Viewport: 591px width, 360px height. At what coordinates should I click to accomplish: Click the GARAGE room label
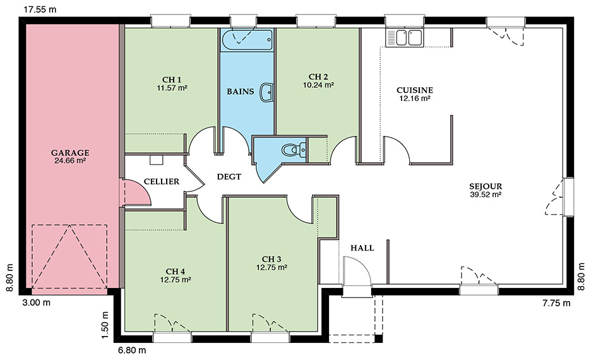click(70, 153)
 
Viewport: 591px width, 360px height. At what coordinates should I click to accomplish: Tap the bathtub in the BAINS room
click(247, 40)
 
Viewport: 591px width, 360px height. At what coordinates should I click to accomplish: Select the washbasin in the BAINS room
click(266, 92)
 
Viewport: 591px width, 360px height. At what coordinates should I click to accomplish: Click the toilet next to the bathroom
click(294, 150)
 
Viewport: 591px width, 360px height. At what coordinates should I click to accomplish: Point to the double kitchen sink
click(404, 38)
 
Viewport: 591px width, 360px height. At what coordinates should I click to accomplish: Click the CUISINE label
click(415, 90)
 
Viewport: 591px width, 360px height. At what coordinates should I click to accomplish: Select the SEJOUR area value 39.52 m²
click(486, 195)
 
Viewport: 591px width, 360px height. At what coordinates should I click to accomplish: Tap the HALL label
click(362, 248)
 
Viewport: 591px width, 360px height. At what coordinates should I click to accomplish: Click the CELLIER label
click(161, 181)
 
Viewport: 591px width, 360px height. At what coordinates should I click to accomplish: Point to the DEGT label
click(229, 176)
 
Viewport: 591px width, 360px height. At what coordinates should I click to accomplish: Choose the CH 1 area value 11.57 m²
click(172, 88)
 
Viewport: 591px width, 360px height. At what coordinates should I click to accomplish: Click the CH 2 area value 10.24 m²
click(318, 85)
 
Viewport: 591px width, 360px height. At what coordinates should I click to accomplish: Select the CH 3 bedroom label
click(272, 259)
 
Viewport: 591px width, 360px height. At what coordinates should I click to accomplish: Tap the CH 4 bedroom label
click(176, 272)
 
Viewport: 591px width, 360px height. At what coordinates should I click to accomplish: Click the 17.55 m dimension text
click(40, 9)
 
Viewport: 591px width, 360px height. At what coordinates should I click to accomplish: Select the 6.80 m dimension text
click(132, 350)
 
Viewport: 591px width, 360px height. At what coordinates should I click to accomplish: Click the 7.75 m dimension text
click(556, 303)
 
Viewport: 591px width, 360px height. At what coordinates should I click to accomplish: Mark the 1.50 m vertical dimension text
click(105, 325)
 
